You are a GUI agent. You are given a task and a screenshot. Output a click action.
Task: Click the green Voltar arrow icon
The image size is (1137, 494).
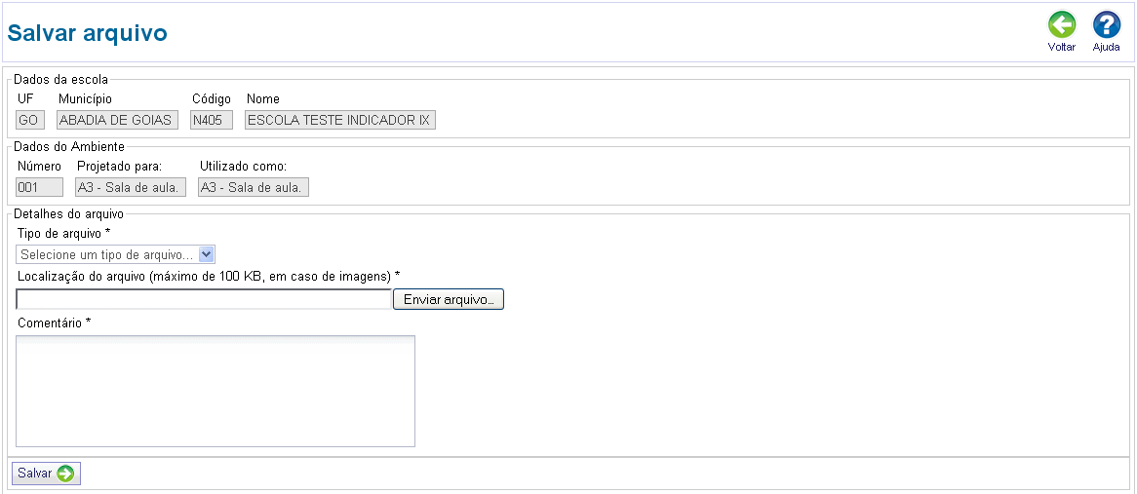[x=1062, y=24]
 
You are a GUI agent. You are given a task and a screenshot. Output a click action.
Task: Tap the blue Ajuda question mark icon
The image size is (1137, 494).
[x=1107, y=24]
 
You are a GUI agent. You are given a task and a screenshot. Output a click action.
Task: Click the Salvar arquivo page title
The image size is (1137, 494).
[x=87, y=32]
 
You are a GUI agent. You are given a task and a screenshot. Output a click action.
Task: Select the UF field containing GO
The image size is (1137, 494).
[x=29, y=120]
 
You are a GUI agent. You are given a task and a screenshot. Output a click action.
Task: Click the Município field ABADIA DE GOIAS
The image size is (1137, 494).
[x=117, y=120]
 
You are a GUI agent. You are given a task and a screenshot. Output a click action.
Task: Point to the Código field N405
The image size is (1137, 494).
[x=212, y=120]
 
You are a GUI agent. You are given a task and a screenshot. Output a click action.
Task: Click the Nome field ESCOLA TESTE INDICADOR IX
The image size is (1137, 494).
[x=340, y=120]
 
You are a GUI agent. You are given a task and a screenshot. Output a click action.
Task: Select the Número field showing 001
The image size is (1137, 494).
[x=39, y=188]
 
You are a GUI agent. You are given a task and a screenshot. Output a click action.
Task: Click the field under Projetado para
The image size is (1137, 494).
[x=131, y=188]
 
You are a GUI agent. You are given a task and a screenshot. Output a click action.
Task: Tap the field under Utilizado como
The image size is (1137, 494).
[x=254, y=188]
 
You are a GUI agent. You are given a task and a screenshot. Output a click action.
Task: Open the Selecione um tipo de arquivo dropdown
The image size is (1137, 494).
[x=115, y=254]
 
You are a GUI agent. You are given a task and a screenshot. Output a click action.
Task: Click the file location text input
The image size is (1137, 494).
[x=204, y=299]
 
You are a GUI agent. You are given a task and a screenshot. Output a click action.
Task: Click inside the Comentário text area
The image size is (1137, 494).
[x=216, y=391]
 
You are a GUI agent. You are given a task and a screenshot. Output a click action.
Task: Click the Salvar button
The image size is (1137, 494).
[x=46, y=474]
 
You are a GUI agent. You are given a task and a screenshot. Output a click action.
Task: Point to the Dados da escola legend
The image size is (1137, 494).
[x=60, y=80]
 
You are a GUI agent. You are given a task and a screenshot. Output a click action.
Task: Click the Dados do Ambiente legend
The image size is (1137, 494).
[x=69, y=146]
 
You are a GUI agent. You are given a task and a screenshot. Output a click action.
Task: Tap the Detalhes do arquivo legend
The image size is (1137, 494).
[x=69, y=213]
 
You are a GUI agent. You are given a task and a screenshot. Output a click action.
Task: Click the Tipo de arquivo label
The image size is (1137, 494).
[x=63, y=233]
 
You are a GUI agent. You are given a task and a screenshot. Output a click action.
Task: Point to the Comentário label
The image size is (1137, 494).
[x=54, y=323]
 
